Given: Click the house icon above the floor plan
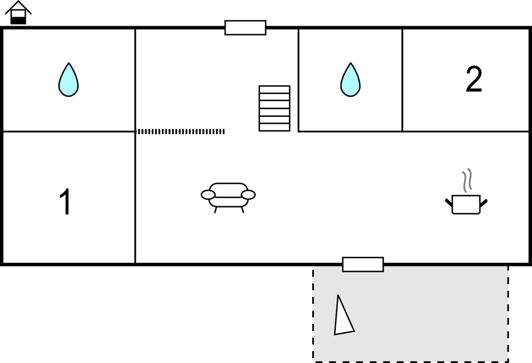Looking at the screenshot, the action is (x=18, y=13).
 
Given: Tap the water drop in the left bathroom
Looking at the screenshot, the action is (x=68, y=80).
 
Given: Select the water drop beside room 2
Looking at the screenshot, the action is (x=350, y=80).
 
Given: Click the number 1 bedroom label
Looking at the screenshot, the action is (x=65, y=202).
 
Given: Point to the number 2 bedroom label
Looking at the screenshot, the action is (x=474, y=79).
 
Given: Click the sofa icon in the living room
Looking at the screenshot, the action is (x=228, y=198).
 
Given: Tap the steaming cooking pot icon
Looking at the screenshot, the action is (x=466, y=192).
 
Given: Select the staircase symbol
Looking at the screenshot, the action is (x=274, y=109).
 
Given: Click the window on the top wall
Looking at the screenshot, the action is (x=245, y=27).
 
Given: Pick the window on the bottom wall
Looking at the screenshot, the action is (x=363, y=264).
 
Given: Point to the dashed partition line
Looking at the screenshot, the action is (x=180, y=131).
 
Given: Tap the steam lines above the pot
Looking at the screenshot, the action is (x=467, y=180).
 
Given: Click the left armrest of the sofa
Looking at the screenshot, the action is (x=208, y=195).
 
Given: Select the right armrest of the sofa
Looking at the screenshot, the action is (x=248, y=195).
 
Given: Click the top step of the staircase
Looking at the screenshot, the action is (x=274, y=89).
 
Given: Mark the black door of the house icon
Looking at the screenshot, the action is (x=18, y=20).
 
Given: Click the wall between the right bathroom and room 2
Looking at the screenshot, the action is (x=402, y=80).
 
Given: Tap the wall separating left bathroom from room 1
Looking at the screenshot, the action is (x=69, y=131).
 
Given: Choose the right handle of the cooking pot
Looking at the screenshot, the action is (x=484, y=203).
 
